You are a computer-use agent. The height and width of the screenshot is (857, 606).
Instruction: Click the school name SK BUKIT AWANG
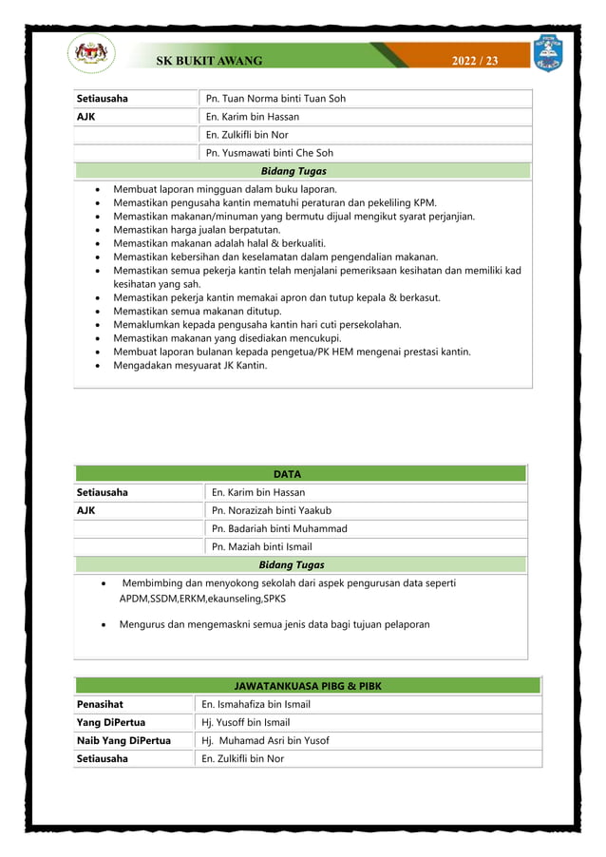[209, 61]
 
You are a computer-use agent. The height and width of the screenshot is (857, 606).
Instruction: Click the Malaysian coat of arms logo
[92, 54]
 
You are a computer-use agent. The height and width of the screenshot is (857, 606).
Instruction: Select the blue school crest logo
[548, 53]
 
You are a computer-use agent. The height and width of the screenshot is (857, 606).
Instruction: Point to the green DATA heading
[300, 473]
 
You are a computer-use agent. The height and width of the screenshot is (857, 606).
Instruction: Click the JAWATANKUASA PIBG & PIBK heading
[308, 686]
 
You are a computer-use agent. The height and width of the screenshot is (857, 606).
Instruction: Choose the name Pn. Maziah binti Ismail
[261, 546]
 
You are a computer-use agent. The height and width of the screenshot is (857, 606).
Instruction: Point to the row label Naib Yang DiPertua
[123, 740]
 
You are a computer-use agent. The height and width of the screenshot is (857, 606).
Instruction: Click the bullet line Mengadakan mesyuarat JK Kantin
[190, 365]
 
